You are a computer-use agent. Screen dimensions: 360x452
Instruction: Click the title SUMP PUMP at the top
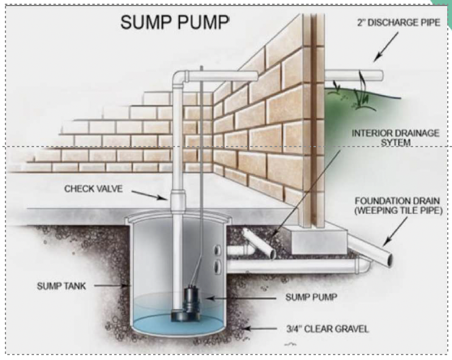point(174,22)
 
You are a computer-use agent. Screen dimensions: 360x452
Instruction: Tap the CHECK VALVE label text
point(94,189)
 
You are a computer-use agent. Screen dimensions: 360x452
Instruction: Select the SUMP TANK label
point(61,285)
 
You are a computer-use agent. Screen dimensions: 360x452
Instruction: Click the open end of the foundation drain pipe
point(386,258)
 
